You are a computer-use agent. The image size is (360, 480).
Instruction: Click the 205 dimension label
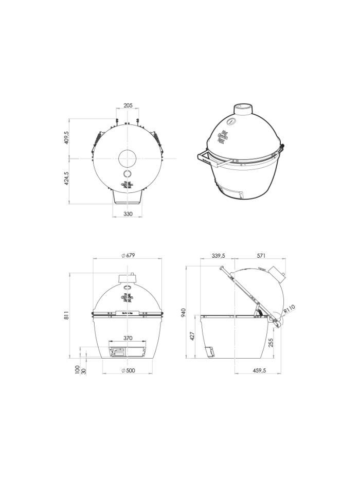click(128, 105)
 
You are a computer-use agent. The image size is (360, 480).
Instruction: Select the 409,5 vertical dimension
click(66, 138)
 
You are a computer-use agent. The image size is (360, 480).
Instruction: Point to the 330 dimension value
click(128, 214)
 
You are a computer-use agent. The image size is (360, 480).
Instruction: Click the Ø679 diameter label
click(128, 256)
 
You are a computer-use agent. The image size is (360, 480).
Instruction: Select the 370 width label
click(128, 338)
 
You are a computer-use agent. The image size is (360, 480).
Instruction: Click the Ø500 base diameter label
click(128, 370)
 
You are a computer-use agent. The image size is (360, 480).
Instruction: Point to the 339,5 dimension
click(218, 256)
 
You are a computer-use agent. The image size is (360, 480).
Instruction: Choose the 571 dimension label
click(261, 256)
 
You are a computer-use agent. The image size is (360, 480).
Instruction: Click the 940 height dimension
click(184, 312)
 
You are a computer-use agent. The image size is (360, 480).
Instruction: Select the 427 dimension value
click(193, 336)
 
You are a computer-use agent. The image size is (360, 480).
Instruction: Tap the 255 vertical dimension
click(271, 342)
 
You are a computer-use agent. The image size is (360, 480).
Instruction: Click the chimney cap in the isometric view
click(244, 109)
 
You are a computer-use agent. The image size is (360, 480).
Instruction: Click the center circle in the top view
click(128, 158)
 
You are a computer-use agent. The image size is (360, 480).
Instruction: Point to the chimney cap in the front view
click(128, 278)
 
